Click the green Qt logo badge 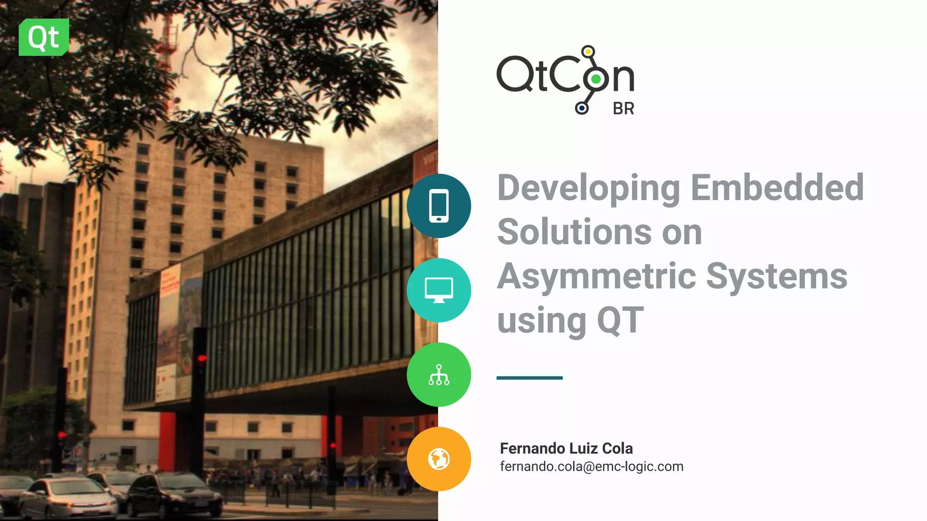[x=44, y=37]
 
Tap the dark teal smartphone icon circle [x=439, y=206]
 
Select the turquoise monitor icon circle [x=439, y=290]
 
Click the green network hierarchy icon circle [x=439, y=374]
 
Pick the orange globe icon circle [x=439, y=459]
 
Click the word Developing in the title [x=588, y=188]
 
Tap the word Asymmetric [x=596, y=277]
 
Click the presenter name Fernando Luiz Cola [x=566, y=448]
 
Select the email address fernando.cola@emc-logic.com [x=592, y=466]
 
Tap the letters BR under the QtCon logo [x=623, y=109]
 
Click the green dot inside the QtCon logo [x=596, y=79]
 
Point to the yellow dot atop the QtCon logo [x=588, y=52]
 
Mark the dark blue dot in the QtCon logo [x=582, y=108]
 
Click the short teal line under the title [x=529, y=378]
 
